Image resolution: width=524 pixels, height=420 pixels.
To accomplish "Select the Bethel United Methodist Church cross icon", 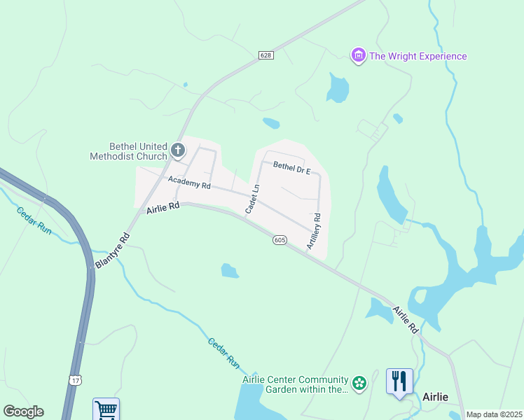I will tap(178, 150).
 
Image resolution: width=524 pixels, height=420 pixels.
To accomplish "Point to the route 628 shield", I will tap(266, 55).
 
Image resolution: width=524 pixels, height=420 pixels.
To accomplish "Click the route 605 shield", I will tap(280, 240).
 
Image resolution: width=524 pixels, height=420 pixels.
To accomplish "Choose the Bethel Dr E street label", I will tap(291, 167).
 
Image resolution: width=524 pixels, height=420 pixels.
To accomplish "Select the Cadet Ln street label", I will tap(252, 199).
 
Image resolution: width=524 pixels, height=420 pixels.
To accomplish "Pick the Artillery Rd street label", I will tap(313, 232).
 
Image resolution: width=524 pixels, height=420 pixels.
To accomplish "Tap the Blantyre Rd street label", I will tap(111, 250).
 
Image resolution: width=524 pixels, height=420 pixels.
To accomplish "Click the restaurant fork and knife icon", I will tap(399, 381).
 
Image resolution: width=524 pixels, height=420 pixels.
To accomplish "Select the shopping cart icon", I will tap(106, 409).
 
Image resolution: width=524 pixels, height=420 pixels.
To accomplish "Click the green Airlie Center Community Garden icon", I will tap(359, 383).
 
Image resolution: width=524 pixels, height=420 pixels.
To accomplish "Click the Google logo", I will tap(23, 412).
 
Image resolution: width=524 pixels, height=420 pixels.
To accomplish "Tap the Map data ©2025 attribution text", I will tap(494, 414).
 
